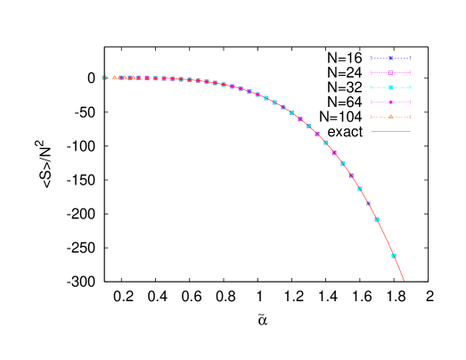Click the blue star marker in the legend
(390, 58)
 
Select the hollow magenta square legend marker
(390, 72)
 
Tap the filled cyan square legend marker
(390, 87)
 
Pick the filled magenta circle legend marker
(390, 102)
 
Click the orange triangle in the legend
(390, 117)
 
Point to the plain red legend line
(390, 132)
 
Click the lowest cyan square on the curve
(394, 256)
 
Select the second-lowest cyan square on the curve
(377, 219)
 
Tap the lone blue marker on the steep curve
(368, 203)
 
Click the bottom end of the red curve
(404, 281)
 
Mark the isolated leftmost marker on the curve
(104, 78)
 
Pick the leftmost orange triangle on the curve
(114, 78)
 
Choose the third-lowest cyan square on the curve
(360, 189)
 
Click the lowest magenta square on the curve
(351, 176)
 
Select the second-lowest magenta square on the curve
(334, 152)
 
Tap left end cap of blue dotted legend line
(371, 58)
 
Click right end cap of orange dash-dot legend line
(410, 117)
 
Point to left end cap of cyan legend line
(371, 87)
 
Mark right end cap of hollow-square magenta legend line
(410, 72)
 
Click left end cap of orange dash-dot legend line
(371, 117)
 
